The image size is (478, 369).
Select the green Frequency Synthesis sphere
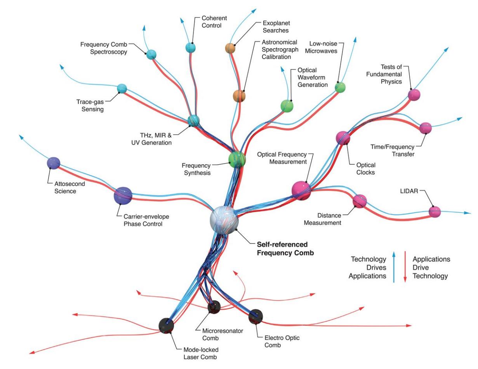[x=237, y=159]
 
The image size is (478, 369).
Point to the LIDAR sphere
[x=435, y=212]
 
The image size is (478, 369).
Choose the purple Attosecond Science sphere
[x=53, y=163]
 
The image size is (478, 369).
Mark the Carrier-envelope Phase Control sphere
[x=123, y=195]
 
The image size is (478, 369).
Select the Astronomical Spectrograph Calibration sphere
[x=239, y=96]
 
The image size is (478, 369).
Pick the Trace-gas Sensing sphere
[x=122, y=89]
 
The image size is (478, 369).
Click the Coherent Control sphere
[x=190, y=47]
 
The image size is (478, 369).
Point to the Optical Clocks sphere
[x=343, y=138]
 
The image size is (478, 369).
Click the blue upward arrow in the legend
[x=394, y=266]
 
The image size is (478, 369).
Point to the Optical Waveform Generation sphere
[x=287, y=106]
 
